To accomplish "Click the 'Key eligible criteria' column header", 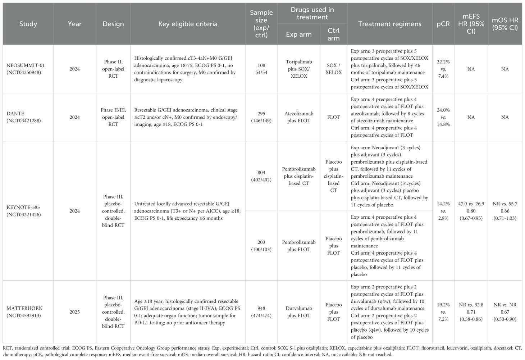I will click(x=188, y=24).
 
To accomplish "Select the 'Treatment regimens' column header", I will click(x=389, y=24).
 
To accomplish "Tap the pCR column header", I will click(x=443, y=24).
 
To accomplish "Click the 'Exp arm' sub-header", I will click(x=298, y=35).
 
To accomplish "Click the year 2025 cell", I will click(x=74, y=312).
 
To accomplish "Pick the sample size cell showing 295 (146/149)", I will click(x=261, y=117).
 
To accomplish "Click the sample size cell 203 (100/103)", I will click(x=261, y=246).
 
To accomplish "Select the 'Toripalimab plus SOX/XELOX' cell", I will click(x=298, y=69).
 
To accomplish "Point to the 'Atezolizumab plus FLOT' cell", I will click(x=298, y=117).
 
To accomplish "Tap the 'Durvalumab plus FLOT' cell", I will click(x=298, y=312).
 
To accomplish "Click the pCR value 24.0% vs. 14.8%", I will click(x=443, y=117).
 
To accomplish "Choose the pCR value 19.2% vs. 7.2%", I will click(x=443, y=312).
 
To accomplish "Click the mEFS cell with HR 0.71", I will click(x=471, y=312).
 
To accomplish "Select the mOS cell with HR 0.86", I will click(x=505, y=211).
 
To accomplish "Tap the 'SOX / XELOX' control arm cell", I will click(x=333, y=69).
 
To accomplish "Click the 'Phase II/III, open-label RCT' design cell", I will click(x=113, y=117).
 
